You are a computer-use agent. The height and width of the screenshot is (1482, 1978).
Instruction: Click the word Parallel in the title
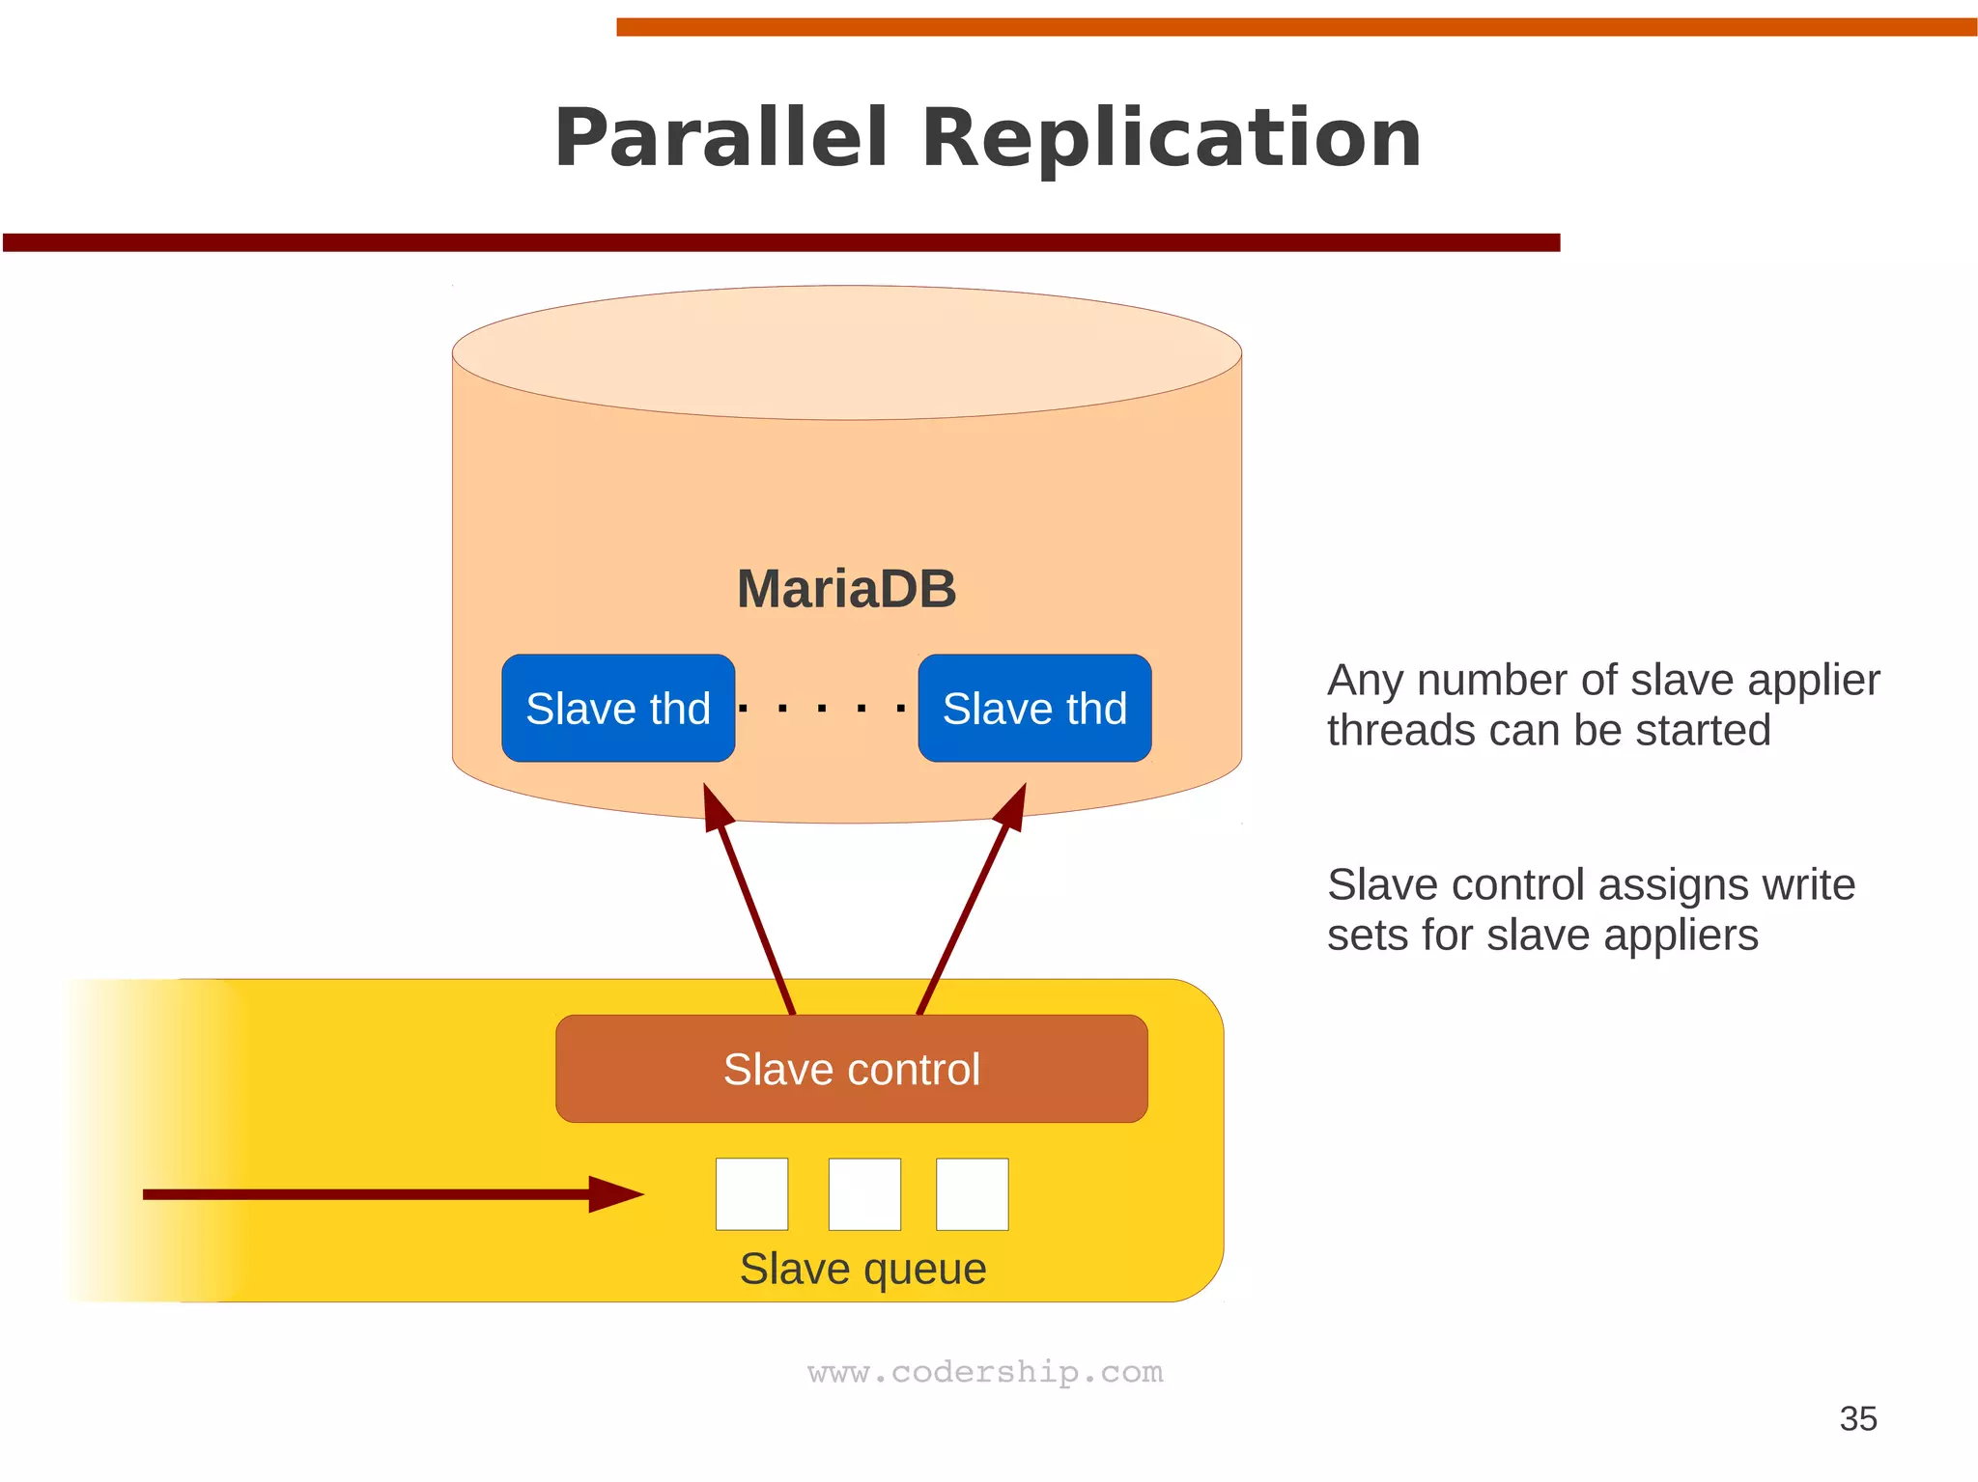coord(720,139)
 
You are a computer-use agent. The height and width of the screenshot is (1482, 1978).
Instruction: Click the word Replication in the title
coord(1171,139)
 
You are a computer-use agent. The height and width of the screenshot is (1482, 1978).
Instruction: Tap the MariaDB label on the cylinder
coord(846,589)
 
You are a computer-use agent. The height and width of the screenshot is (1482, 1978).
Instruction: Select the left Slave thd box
coord(618,709)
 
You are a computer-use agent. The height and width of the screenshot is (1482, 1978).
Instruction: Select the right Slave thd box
coord(1034,709)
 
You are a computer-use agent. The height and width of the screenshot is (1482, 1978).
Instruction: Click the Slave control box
coord(851,1069)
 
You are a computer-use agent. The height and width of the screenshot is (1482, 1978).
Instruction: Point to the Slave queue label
coord(862,1269)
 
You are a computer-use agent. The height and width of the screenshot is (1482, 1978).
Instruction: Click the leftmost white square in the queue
coord(751,1194)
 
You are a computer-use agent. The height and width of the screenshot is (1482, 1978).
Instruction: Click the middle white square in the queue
coord(864,1194)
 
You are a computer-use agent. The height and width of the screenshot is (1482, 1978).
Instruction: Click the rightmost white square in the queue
coord(972,1194)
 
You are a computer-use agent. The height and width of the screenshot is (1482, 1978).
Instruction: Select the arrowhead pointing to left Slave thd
coord(717,807)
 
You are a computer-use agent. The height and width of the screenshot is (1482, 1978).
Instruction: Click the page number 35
coord(1857,1418)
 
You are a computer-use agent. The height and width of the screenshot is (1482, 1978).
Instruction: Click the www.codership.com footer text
coord(985,1372)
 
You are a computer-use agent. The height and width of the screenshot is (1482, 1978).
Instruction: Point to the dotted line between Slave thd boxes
coord(822,709)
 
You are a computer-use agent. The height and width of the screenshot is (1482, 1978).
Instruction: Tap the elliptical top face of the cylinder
coord(846,352)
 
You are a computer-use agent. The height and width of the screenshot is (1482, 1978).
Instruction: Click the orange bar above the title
coord(1294,27)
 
